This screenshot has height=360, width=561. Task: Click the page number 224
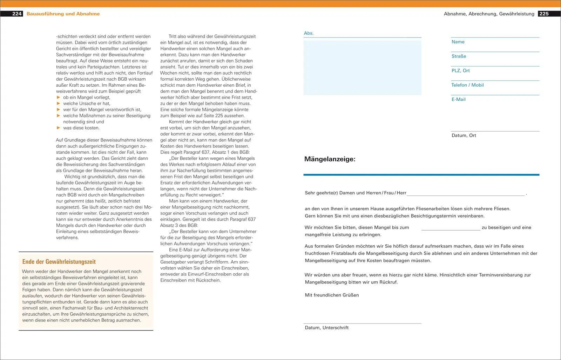click(x=17, y=14)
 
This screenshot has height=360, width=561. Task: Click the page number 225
click(x=544, y=14)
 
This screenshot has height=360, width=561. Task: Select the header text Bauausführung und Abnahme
click(x=63, y=14)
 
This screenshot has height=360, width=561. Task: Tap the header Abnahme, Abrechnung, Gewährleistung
click(x=489, y=14)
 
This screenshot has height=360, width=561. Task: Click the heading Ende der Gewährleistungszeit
click(x=59, y=262)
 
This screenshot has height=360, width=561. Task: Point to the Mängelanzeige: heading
click(x=330, y=159)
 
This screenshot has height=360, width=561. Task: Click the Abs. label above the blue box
click(x=309, y=33)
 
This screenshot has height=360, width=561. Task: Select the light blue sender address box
click(x=362, y=68)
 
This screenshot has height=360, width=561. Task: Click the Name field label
click(x=458, y=42)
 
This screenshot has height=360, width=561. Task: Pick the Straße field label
click(x=459, y=56)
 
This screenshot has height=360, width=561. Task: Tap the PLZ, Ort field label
click(x=460, y=71)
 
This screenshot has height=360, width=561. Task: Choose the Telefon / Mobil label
click(x=467, y=85)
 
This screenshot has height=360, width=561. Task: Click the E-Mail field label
click(x=458, y=99)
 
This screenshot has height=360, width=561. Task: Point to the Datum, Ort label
click(x=464, y=135)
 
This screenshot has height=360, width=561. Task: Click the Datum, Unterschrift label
click(x=326, y=328)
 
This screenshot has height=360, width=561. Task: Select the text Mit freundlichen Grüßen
click(x=332, y=295)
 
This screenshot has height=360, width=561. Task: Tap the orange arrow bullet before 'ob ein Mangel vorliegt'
click(x=59, y=97)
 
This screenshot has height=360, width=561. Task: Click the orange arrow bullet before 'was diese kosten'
click(x=59, y=128)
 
